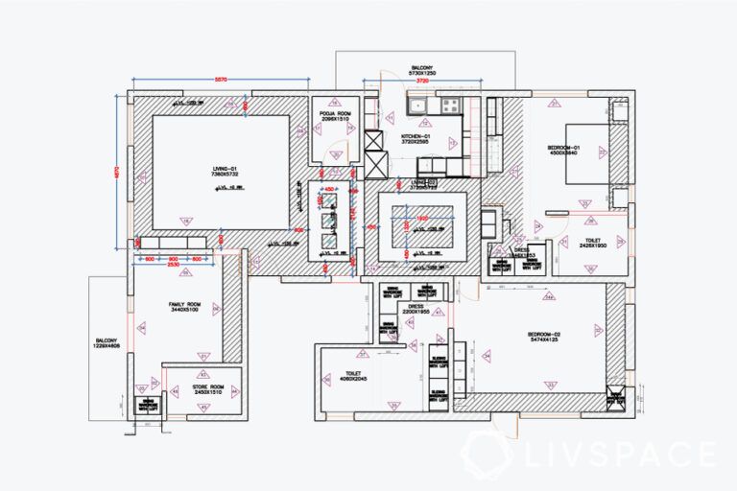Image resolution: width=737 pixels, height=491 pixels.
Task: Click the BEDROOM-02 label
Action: pyautogui.click(x=545, y=337)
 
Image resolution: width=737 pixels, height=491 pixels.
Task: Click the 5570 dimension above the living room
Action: pyautogui.click(x=220, y=76)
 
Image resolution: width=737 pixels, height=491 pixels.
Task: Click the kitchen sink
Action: pyautogui.click(x=418, y=105)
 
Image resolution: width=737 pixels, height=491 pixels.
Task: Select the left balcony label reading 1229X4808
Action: pyautogui.click(x=107, y=343)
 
